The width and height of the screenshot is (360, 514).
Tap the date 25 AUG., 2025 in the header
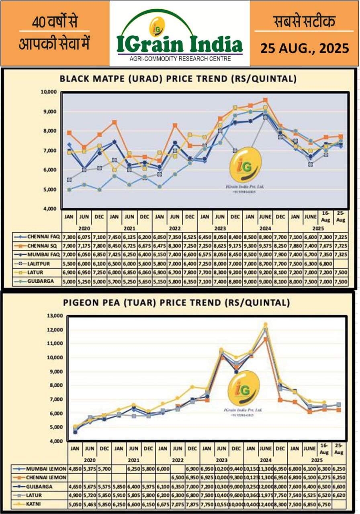click(x=304, y=48)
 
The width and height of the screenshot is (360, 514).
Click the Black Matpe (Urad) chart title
click(x=178, y=79)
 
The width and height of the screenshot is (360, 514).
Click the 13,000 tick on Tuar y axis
click(x=55, y=316)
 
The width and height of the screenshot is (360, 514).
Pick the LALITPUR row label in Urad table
click(x=39, y=263)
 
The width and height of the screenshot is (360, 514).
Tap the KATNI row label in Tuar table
click(x=37, y=504)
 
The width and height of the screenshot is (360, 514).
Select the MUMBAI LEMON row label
click(x=43, y=469)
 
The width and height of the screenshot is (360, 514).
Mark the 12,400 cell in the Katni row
click(x=265, y=504)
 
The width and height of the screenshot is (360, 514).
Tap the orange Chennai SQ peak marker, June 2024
click(x=265, y=100)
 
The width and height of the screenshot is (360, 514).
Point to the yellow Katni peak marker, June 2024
click(x=265, y=324)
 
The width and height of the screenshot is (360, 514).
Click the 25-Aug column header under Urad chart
click(x=340, y=217)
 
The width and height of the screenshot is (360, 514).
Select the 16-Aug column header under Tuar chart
click(x=324, y=449)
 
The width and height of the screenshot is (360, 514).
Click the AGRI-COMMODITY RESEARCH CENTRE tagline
click(x=180, y=59)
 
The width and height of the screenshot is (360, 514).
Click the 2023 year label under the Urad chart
click(x=220, y=227)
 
